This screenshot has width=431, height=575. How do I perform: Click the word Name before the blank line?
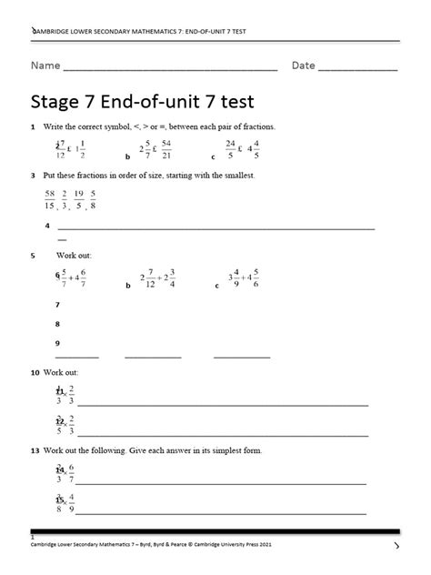click(x=46, y=66)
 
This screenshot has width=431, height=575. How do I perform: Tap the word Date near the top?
click(x=303, y=66)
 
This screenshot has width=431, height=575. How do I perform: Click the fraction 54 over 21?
click(x=165, y=150)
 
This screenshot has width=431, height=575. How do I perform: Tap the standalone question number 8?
click(x=57, y=323)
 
